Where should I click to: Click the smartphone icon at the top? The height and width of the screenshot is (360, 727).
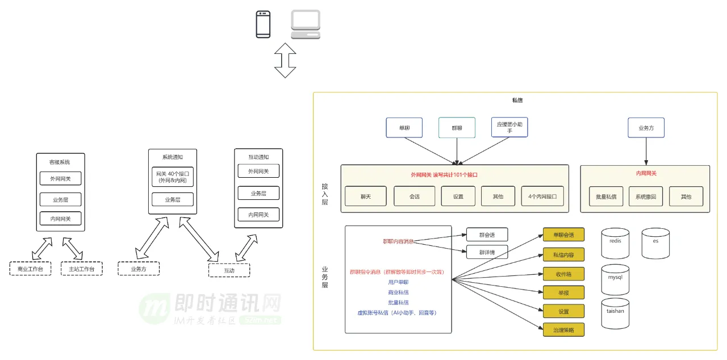pos(263,24)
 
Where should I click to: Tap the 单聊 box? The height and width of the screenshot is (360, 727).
pos(404,128)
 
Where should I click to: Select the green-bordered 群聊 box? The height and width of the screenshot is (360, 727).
pos(457,128)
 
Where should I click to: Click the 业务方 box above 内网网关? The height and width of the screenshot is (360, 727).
pos(646,128)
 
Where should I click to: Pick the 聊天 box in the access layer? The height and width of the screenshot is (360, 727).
pos(365,196)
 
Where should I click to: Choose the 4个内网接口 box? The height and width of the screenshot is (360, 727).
pos(542,196)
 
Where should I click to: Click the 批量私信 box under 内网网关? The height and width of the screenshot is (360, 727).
pos(606,196)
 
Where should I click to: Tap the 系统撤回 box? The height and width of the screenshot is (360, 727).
pos(646,196)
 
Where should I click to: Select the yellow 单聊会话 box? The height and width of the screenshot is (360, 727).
pos(563,235)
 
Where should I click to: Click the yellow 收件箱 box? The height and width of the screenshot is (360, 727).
pos(563,274)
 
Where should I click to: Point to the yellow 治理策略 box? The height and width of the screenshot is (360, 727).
pos(563,329)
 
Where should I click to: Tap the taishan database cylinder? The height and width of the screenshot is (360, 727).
pos(615,313)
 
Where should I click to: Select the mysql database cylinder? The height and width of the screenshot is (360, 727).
pos(615,279)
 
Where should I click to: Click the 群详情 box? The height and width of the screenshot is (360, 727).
pos(487,252)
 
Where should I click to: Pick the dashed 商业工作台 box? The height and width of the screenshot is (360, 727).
pos(30,269)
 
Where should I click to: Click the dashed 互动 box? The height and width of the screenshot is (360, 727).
pos(229,270)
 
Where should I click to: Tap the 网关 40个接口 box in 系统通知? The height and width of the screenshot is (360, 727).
pos(173,177)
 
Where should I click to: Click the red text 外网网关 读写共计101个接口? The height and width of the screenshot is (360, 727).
pos(444,175)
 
